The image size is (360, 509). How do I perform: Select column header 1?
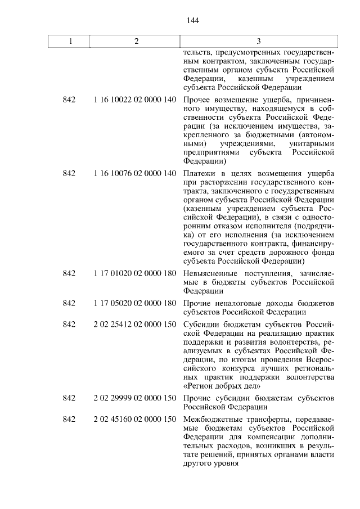(x=69, y=42)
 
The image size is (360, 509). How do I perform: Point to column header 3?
(x=258, y=42)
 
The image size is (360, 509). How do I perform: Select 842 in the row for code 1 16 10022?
(x=69, y=100)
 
